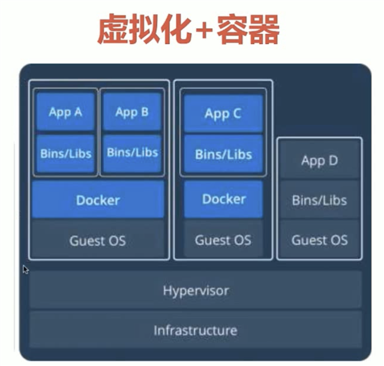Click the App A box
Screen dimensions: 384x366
click(x=65, y=112)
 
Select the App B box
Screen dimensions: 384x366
click(x=132, y=112)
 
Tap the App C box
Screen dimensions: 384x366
click(x=223, y=113)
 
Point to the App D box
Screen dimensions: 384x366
click(x=320, y=160)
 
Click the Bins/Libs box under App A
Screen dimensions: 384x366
click(x=65, y=154)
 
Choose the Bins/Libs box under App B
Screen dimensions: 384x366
click(x=132, y=152)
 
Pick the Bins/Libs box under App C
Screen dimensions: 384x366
click(x=223, y=154)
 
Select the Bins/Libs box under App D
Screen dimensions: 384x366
click(x=320, y=200)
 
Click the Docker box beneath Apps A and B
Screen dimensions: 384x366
click(x=98, y=200)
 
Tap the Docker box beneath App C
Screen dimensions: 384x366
click(x=223, y=199)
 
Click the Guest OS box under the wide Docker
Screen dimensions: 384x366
click(x=98, y=240)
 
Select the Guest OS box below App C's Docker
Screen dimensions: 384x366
click(x=223, y=239)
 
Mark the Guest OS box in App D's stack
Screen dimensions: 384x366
click(x=320, y=239)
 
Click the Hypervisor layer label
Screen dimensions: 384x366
click(x=196, y=291)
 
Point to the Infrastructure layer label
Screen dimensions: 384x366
click(x=196, y=330)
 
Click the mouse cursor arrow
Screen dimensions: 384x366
click(x=25, y=269)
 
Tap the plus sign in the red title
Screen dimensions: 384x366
click(x=204, y=30)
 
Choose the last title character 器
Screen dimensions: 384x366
click(x=263, y=29)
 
